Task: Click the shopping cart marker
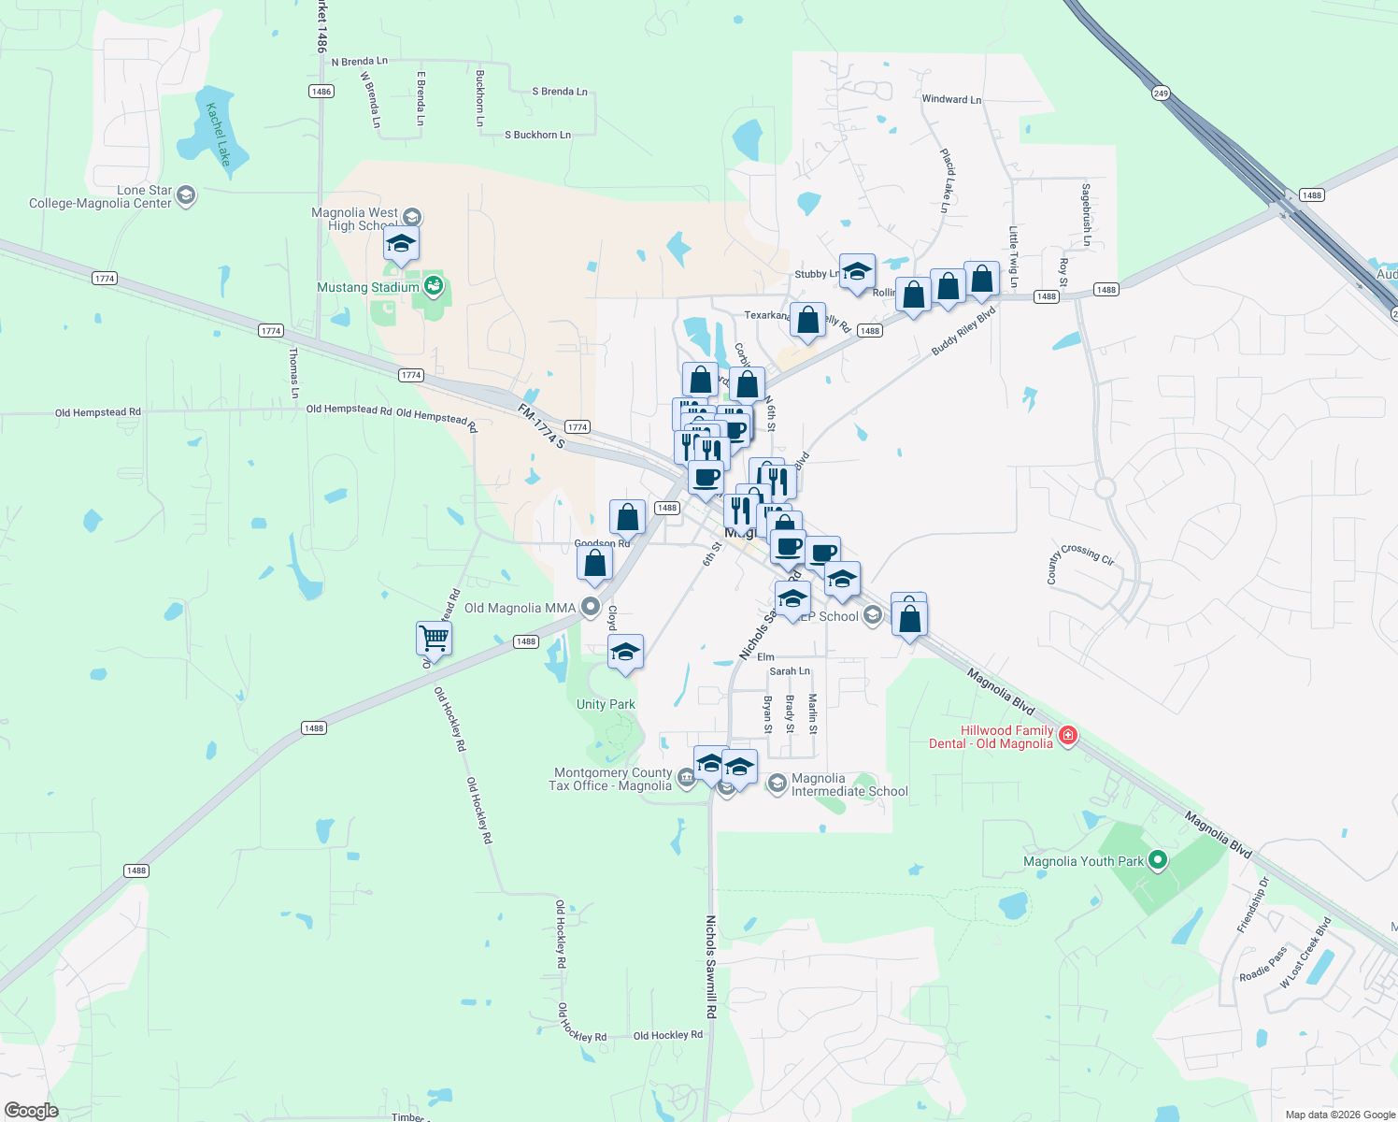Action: [434, 639]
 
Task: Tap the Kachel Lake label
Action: [218, 135]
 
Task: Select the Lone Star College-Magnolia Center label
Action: [101, 196]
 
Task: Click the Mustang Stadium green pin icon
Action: [433, 285]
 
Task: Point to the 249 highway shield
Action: [1161, 93]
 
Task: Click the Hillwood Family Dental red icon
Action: [1068, 737]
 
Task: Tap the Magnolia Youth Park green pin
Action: [1158, 859]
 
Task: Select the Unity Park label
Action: [606, 704]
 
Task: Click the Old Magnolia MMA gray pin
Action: [590, 607]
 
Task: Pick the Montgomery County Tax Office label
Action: [612, 779]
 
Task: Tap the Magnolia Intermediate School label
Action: [849, 784]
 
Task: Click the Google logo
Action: [31, 1111]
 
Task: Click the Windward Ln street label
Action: [951, 99]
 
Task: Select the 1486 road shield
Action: [321, 92]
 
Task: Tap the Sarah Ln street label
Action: [790, 671]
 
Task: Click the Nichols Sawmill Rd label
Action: [711, 967]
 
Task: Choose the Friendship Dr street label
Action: [1253, 904]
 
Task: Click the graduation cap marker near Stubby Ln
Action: [857, 271]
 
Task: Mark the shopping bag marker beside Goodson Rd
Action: [594, 564]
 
